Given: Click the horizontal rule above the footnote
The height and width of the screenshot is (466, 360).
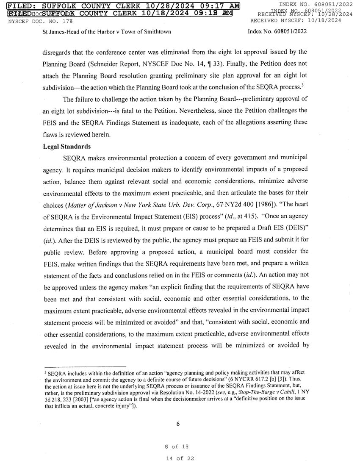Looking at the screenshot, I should (85, 367).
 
